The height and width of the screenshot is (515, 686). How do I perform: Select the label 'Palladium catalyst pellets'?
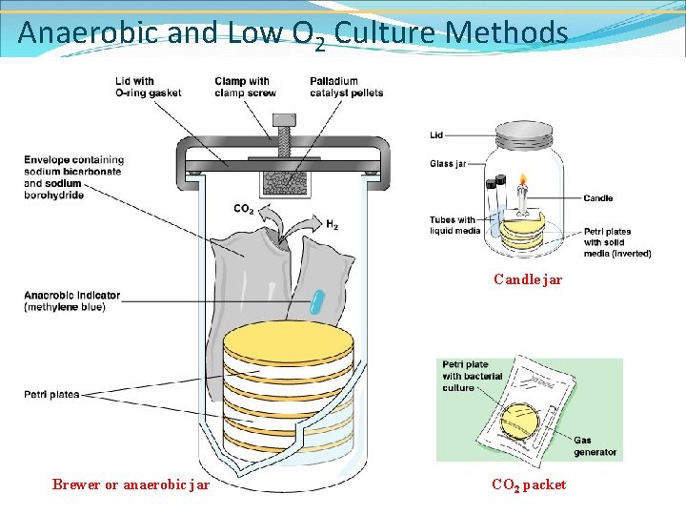[346, 87]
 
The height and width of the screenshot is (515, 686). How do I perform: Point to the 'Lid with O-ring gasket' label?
[148, 87]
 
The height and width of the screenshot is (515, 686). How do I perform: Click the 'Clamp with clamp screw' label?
[245, 87]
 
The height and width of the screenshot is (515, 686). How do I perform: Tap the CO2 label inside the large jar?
[244, 209]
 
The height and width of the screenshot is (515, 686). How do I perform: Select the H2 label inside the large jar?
[332, 225]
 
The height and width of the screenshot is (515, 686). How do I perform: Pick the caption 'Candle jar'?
[527, 279]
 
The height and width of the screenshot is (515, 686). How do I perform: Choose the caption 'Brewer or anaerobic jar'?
[131, 484]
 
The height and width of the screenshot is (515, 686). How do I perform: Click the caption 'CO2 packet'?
[528, 484]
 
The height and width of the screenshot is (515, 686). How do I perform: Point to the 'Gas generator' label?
[595, 446]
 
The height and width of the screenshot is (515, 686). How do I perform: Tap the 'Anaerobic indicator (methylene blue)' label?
[72, 300]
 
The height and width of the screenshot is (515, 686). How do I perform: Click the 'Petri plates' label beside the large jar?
[51, 394]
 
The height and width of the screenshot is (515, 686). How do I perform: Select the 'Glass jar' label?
[447, 164]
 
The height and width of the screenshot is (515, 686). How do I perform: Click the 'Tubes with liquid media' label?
[454, 225]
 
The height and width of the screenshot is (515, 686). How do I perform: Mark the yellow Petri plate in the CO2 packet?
[521, 419]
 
